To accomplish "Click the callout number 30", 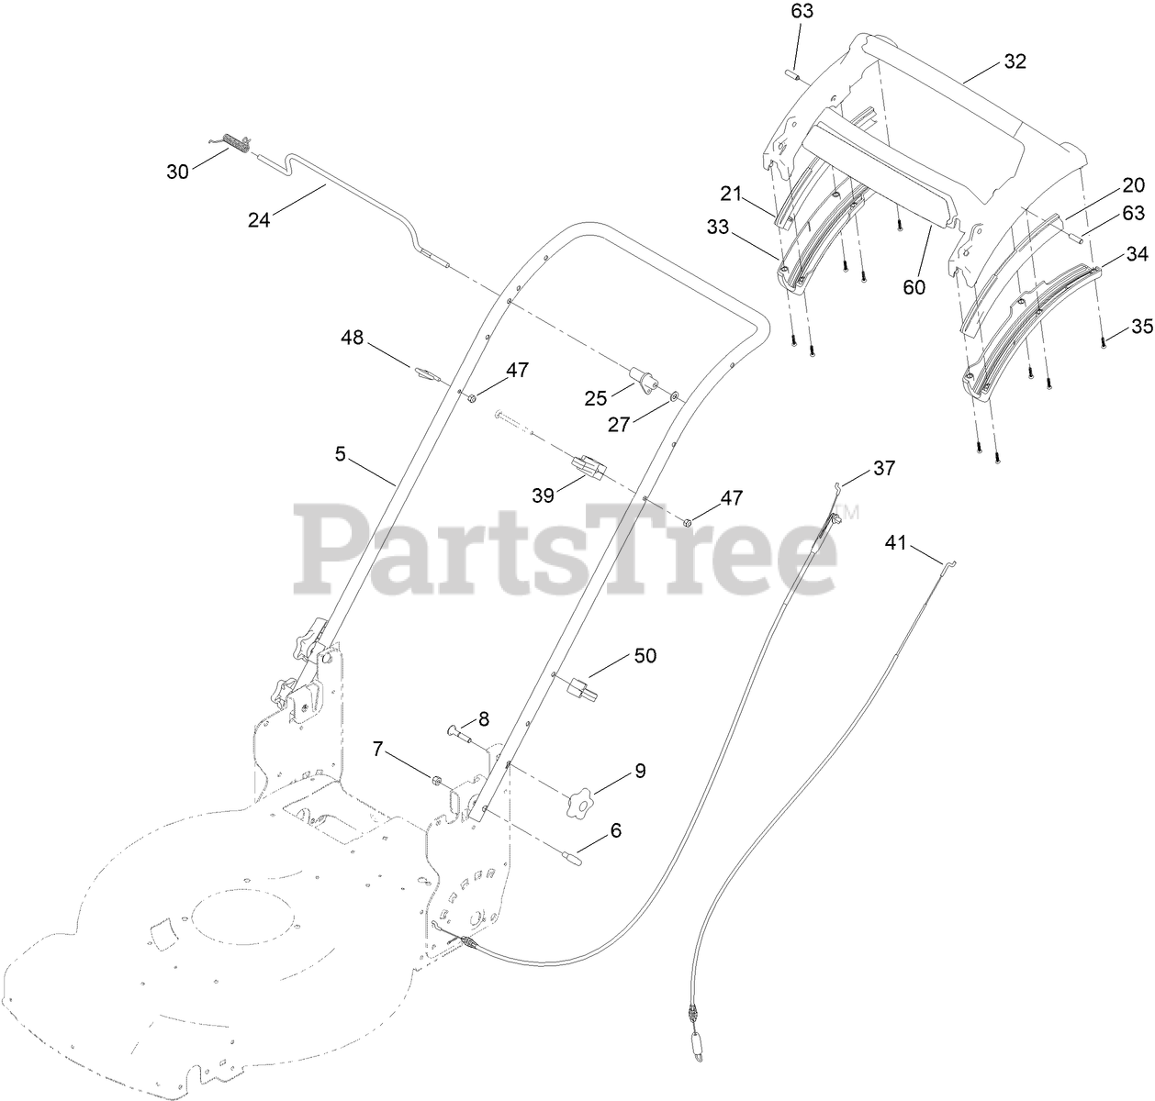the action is (x=177, y=171).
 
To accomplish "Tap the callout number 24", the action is (x=259, y=219).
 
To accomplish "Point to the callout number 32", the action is (x=1015, y=61).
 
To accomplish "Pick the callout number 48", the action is (x=353, y=339).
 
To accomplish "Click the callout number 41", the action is (x=895, y=543).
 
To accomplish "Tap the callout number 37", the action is (x=883, y=469).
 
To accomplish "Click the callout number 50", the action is (x=645, y=656).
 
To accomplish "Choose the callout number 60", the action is (x=914, y=286).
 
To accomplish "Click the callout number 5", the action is (x=341, y=453).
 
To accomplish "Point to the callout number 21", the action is (x=730, y=193).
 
